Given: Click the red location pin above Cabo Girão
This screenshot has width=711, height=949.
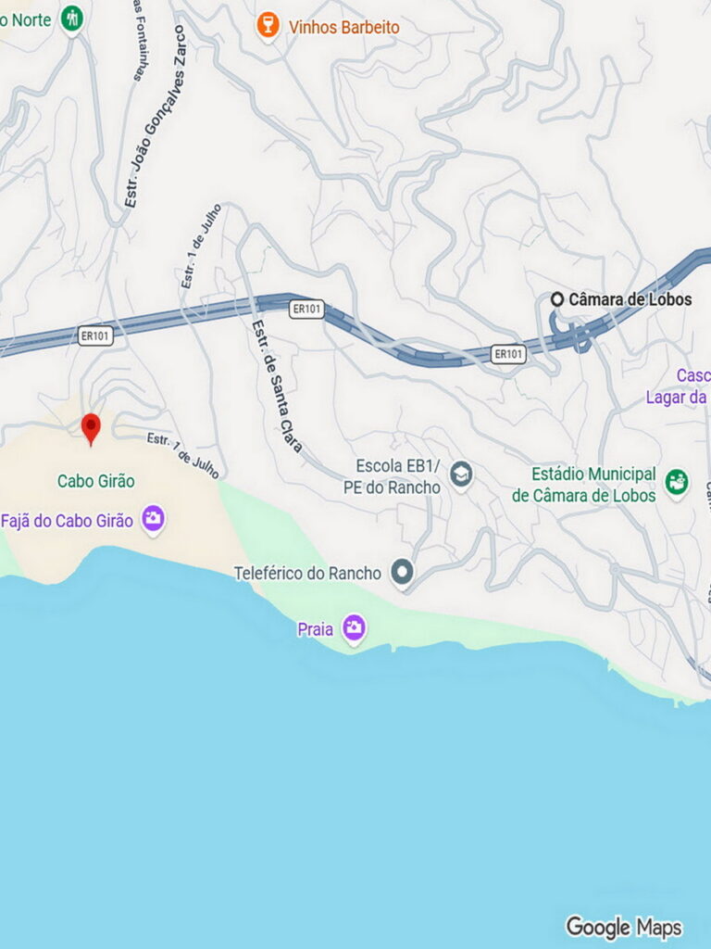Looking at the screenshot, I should (x=91, y=427).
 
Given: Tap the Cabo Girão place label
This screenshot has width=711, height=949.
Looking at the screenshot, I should (x=95, y=481).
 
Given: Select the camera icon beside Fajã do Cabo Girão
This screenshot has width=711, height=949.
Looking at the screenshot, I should (x=153, y=519).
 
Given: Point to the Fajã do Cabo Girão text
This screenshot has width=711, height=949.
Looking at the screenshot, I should (x=67, y=520).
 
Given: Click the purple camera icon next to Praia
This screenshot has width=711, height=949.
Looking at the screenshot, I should (x=354, y=628).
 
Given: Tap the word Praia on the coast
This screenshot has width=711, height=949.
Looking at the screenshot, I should (x=315, y=629).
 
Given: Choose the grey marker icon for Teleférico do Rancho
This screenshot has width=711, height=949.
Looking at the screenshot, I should (x=402, y=573).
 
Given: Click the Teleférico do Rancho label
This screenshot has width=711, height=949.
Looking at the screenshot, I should (x=307, y=574).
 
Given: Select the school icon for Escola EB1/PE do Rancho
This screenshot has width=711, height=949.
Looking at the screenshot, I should (x=461, y=475).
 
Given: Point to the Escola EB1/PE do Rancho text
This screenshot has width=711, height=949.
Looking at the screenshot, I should (x=399, y=476).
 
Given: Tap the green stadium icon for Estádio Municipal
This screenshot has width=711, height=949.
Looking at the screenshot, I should (x=677, y=482).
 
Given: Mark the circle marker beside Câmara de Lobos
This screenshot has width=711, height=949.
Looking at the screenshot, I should (x=557, y=299).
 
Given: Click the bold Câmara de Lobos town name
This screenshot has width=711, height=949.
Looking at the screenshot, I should (x=630, y=299).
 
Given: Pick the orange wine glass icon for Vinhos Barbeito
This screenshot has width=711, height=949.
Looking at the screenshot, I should (x=268, y=26).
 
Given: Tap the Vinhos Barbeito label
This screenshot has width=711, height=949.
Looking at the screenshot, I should (x=343, y=28).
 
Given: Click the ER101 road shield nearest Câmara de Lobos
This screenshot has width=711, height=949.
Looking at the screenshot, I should (x=508, y=353).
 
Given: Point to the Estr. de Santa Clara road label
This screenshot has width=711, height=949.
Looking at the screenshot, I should (x=277, y=385).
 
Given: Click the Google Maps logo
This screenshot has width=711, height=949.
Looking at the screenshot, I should (x=623, y=927).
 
